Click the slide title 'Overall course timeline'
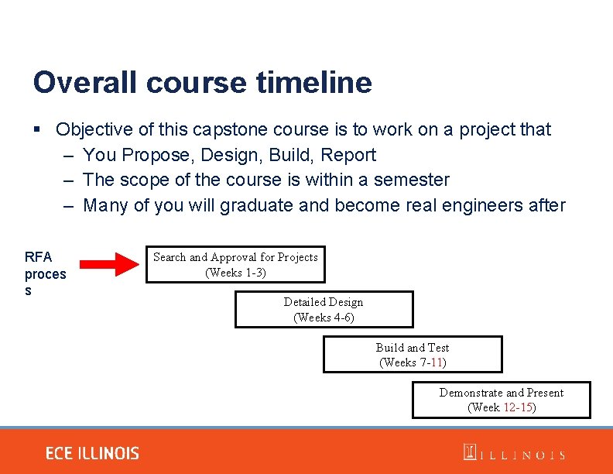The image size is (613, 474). coord(202,83)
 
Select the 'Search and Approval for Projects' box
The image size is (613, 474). coord(235,265)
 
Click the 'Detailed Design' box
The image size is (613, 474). coord(324,310)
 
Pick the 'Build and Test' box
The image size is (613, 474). coord(413,355)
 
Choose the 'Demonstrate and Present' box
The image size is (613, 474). coord(501,400)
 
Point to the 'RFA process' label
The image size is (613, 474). coord(45,273)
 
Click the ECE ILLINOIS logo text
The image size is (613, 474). coord(92,454)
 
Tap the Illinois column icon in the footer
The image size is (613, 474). coord(470,452)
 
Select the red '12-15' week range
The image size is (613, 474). coord(518,407)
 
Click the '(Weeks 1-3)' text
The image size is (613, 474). coord(235,273)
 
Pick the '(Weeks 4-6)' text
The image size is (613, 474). coord(324,318)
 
